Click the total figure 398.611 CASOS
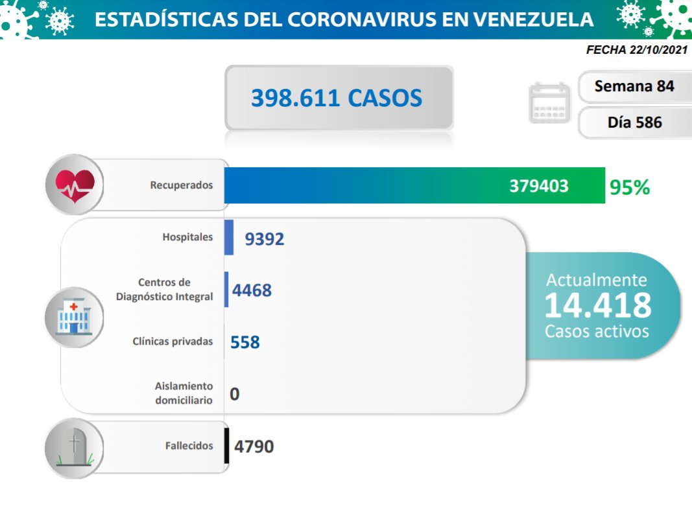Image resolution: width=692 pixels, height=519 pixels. click(x=337, y=98)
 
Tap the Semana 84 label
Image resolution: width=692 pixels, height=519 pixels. click(x=634, y=86)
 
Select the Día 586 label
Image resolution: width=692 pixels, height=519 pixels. click(x=634, y=122)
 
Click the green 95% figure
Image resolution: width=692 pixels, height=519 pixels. click(x=629, y=187)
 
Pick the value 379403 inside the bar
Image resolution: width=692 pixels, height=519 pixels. click(x=538, y=186)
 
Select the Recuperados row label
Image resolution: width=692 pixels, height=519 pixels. click(x=181, y=185)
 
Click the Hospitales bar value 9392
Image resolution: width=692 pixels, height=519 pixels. click(x=265, y=239)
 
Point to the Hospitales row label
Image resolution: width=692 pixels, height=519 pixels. click(x=187, y=237)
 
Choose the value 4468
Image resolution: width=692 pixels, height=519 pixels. click(x=252, y=290)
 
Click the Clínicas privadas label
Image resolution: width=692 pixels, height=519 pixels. click(x=173, y=341)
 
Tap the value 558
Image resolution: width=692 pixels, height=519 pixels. click(x=245, y=341)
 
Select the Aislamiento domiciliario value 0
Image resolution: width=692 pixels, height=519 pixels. click(x=234, y=393)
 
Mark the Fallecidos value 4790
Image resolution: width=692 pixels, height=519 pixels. click(x=254, y=446)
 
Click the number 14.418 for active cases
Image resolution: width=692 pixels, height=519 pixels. click(x=597, y=305)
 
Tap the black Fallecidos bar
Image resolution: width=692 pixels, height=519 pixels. click(x=226, y=446)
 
